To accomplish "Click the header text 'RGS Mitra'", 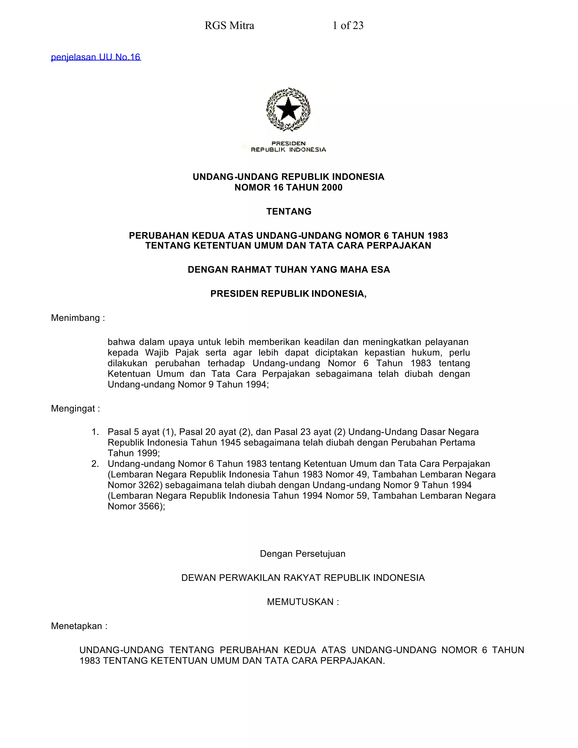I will [x=229, y=26].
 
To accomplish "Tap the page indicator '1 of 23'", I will [x=348, y=26].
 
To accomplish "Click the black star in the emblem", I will [x=288, y=109].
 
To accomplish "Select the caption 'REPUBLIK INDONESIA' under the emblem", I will [x=288, y=150].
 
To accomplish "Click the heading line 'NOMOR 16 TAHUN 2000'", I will [x=288, y=187].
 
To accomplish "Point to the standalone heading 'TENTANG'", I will [x=289, y=212].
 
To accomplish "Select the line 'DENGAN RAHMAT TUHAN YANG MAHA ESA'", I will [x=289, y=270].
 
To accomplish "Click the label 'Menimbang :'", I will [x=78, y=318].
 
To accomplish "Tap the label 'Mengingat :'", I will [x=75, y=409].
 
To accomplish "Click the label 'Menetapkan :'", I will [x=79, y=626].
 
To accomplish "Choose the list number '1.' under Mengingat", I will [x=95, y=432].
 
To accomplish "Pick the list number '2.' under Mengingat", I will [x=95, y=464].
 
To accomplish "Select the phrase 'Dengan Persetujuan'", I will [x=302, y=554].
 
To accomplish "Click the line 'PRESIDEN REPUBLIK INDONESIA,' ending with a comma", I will [x=288, y=294].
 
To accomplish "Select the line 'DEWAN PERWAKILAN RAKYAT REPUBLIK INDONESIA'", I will [x=303, y=578].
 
